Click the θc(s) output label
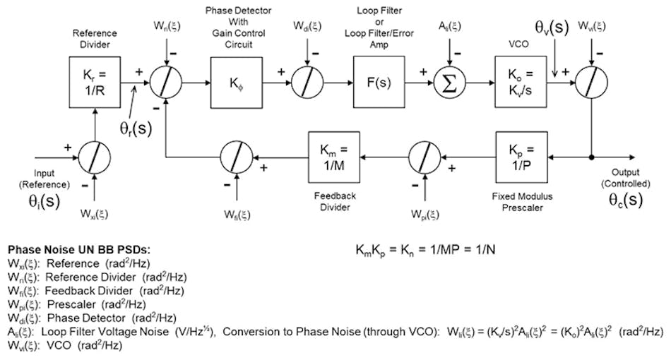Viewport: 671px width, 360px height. [625, 200]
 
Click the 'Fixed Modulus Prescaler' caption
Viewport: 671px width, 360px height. [523, 195]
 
